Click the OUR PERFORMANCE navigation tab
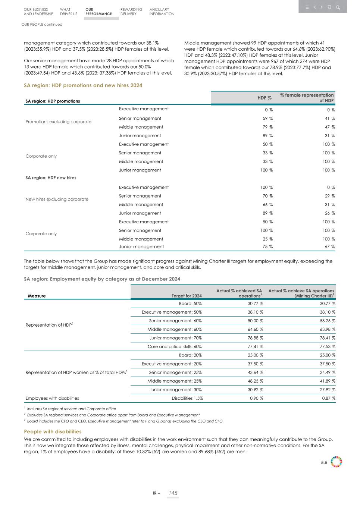pyautogui.click(x=98, y=12)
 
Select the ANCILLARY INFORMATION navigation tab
pyautogui.click(x=162, y=12)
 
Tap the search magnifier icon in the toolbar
pyautogui.click(x=338, y=7)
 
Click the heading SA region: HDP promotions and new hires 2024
pyautogui.click(x=83, y=85)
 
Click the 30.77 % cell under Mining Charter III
pyautogui.click(x=326, y=304)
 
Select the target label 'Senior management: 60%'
pyautogui.click(x=175, y=321)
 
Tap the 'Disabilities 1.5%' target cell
pyautogui.click(x=187, y=398)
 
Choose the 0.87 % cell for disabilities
pyautogui.click(x=328, y=398)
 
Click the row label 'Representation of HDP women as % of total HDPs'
pyautogui.click(x=76, y=372)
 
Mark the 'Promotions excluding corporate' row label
pyautogui.click(x=58, y=122)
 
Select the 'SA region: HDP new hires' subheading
pyautogui.click(x=51, y=178)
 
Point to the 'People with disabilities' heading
pyautogui.click(x=53, y=431)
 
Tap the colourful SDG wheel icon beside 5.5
pyautogui.click(x=336, y=462)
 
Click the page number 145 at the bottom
pyautogui.click(x=173, y=493)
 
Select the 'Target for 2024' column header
pyautogui.click(x=187, y=296)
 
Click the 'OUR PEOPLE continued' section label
pyautogui.click(x=42, y=25)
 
